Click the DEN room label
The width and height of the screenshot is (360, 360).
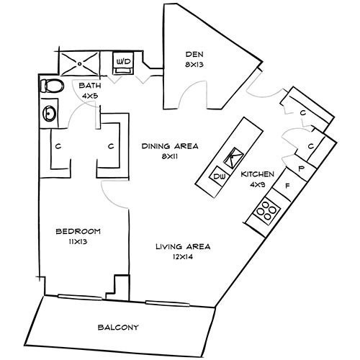coord(191,53)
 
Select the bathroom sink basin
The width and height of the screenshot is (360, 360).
coord(50,113)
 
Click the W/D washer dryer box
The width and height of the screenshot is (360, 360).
coord(124,63)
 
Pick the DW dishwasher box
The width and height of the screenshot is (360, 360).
coord(218,176)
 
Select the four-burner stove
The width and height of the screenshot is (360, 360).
coord(268,210)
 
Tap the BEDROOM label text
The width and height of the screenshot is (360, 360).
coord(78,231)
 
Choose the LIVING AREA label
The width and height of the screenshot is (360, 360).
coord(183,247)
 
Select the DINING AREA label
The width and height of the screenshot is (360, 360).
coord(170,145)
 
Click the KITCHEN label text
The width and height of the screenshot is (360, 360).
coord(257,174)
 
